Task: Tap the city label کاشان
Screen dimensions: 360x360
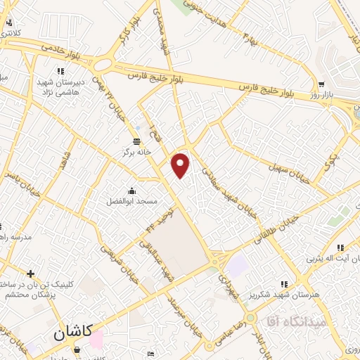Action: (72, 335)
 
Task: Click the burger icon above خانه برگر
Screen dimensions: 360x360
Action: (137, 141)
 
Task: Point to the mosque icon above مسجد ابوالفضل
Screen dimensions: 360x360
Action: (131, 191)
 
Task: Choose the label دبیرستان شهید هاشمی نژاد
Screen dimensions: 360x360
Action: (60, 86)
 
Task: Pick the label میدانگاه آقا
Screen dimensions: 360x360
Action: (294, 321)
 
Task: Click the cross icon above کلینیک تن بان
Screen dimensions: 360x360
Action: (30, 274)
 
